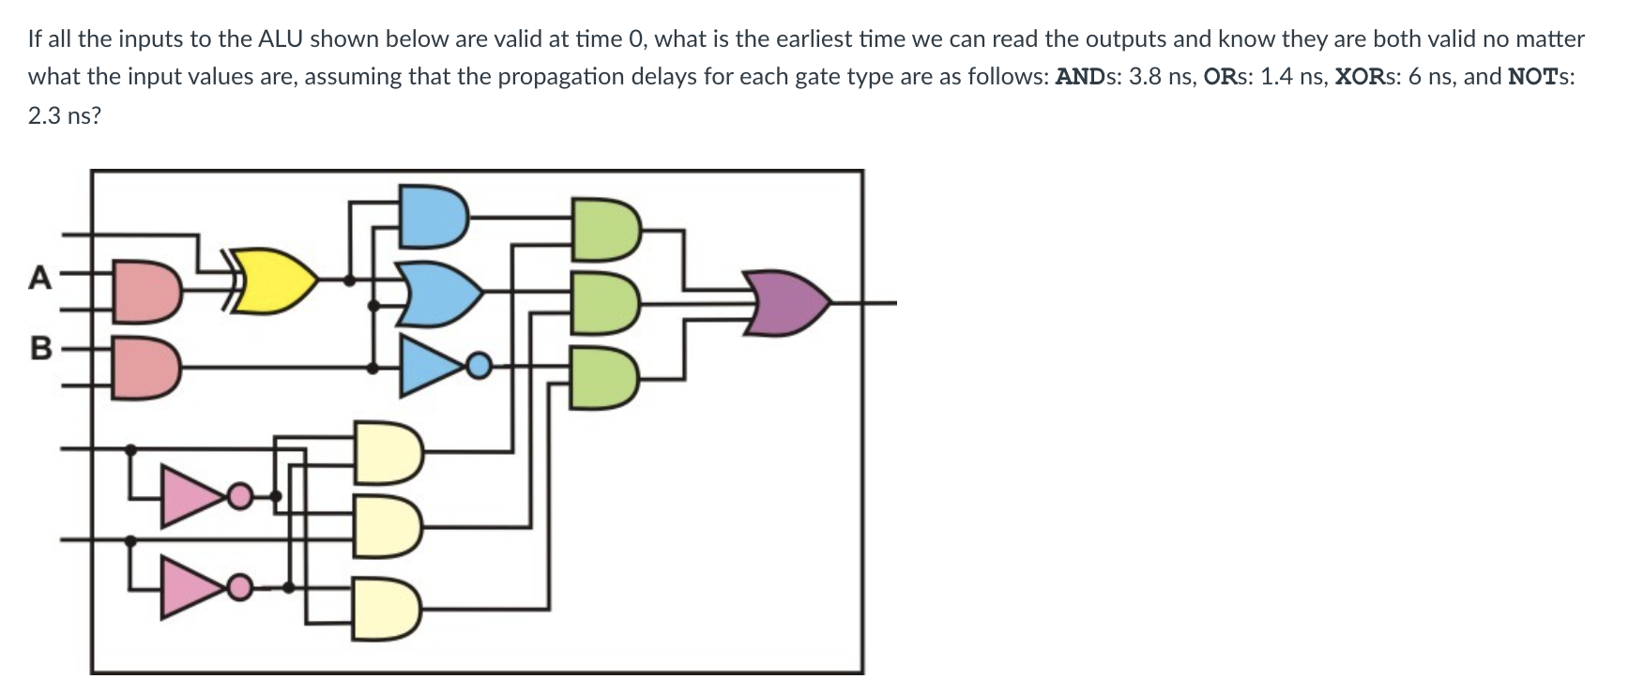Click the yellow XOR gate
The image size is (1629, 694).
click(274, 279)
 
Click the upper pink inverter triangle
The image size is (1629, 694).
click(194, 494)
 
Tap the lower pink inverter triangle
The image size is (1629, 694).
click(194, 587)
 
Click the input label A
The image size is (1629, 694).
click(39, 279)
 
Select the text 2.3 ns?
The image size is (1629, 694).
click(64, 116)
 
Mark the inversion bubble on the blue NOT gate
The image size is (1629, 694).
click(479, 365)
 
